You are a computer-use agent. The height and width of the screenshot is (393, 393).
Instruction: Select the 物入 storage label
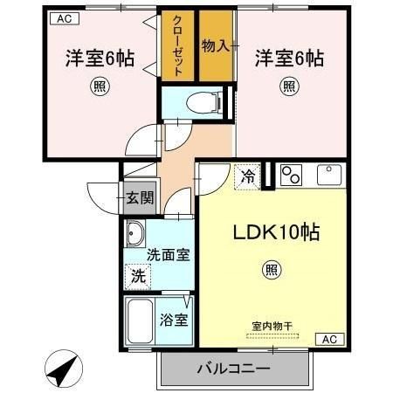tap(216, 45)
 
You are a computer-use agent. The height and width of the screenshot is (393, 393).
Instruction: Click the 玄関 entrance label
tap(138, 197)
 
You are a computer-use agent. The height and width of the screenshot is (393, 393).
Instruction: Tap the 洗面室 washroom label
tap(168, 256)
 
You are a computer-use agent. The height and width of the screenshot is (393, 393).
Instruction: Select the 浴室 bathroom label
tap(173, 320)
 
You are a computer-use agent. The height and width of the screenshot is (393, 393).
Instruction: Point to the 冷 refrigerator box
tap(249, 176)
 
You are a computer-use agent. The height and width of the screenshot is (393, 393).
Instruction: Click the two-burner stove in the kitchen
tap(290, 175)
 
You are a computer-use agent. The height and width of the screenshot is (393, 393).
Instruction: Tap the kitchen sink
tap(331, 174)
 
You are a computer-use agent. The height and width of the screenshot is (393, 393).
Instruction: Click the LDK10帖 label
tap(273, 232)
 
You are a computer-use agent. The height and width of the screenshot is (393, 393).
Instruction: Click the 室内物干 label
tap(272, 327)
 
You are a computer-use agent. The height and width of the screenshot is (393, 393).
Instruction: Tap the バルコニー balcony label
tap(232, 369)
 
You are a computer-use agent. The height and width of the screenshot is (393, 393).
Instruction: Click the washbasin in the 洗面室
tap(136, 234)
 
